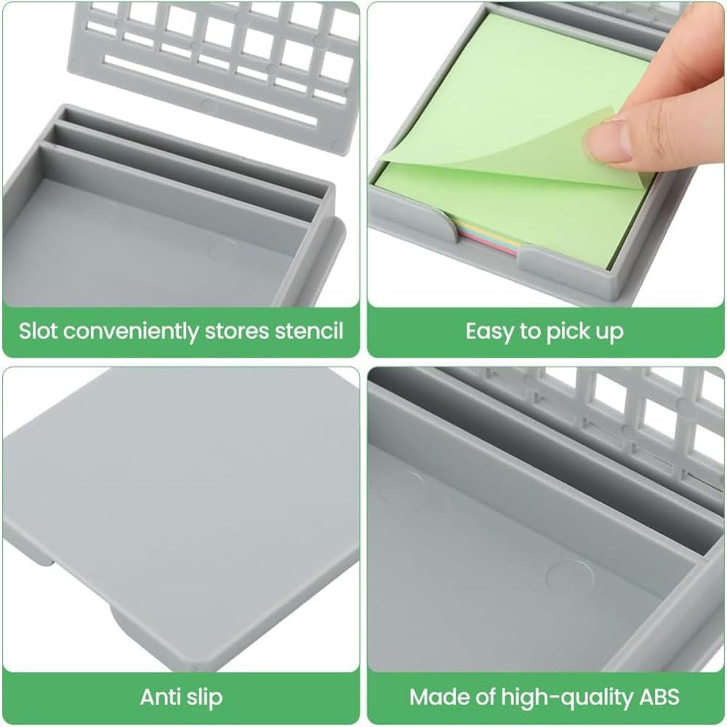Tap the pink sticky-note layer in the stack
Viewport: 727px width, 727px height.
[x=487, y=241]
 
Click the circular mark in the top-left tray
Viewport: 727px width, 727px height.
[x=223, y=250]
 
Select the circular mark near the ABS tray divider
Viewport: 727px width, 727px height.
[x=569, y=579]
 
